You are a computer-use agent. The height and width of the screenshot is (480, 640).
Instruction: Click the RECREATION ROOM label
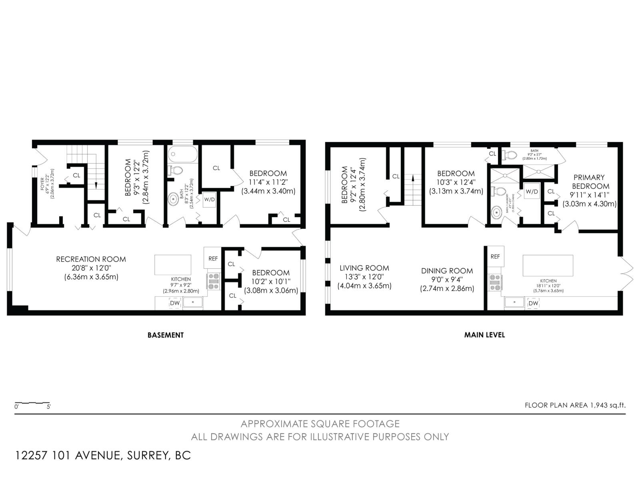coord(91,259)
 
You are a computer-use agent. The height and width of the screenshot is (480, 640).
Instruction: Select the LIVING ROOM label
coord(364,268)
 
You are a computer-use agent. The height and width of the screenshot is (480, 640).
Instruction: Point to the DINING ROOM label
coord(447,271)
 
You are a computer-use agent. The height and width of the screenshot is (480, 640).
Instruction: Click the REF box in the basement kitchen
coord(213,258)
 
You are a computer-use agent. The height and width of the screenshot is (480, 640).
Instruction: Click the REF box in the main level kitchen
coord(495,256)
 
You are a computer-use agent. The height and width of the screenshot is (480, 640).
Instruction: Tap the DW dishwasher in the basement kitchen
coord(175,303)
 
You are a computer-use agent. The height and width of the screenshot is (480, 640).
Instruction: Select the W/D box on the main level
coord(532,192)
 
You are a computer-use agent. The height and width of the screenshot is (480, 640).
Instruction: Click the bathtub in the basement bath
coord(183,154)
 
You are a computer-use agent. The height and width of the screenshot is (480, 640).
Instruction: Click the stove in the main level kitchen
coord(494,282)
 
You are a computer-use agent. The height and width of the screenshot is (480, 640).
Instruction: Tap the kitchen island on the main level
coord(548,266)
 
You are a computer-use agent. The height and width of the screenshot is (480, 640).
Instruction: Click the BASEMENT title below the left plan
coord(166,335)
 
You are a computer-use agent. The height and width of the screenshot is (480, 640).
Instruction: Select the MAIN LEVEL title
coord(484,335)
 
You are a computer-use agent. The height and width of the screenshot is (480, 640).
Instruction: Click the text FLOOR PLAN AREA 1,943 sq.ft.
coord(575,405)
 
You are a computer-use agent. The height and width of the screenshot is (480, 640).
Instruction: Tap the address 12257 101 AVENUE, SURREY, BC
coord(103,456)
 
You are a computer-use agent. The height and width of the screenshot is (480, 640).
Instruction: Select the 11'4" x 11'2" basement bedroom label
coord(268,182)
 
